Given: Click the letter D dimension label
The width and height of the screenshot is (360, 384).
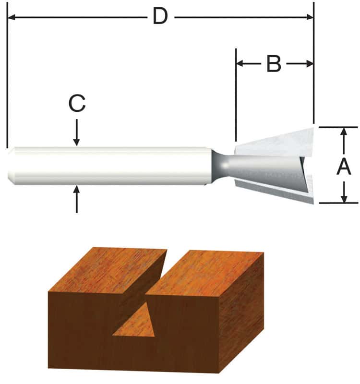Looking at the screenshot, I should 160,17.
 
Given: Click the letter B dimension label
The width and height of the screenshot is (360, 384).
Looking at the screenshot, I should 273,63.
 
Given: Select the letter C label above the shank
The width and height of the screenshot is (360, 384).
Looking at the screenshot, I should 77,103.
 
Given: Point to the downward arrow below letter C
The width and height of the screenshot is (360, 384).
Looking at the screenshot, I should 77,139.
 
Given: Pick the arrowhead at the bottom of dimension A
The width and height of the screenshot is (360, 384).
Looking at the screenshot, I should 344,198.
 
